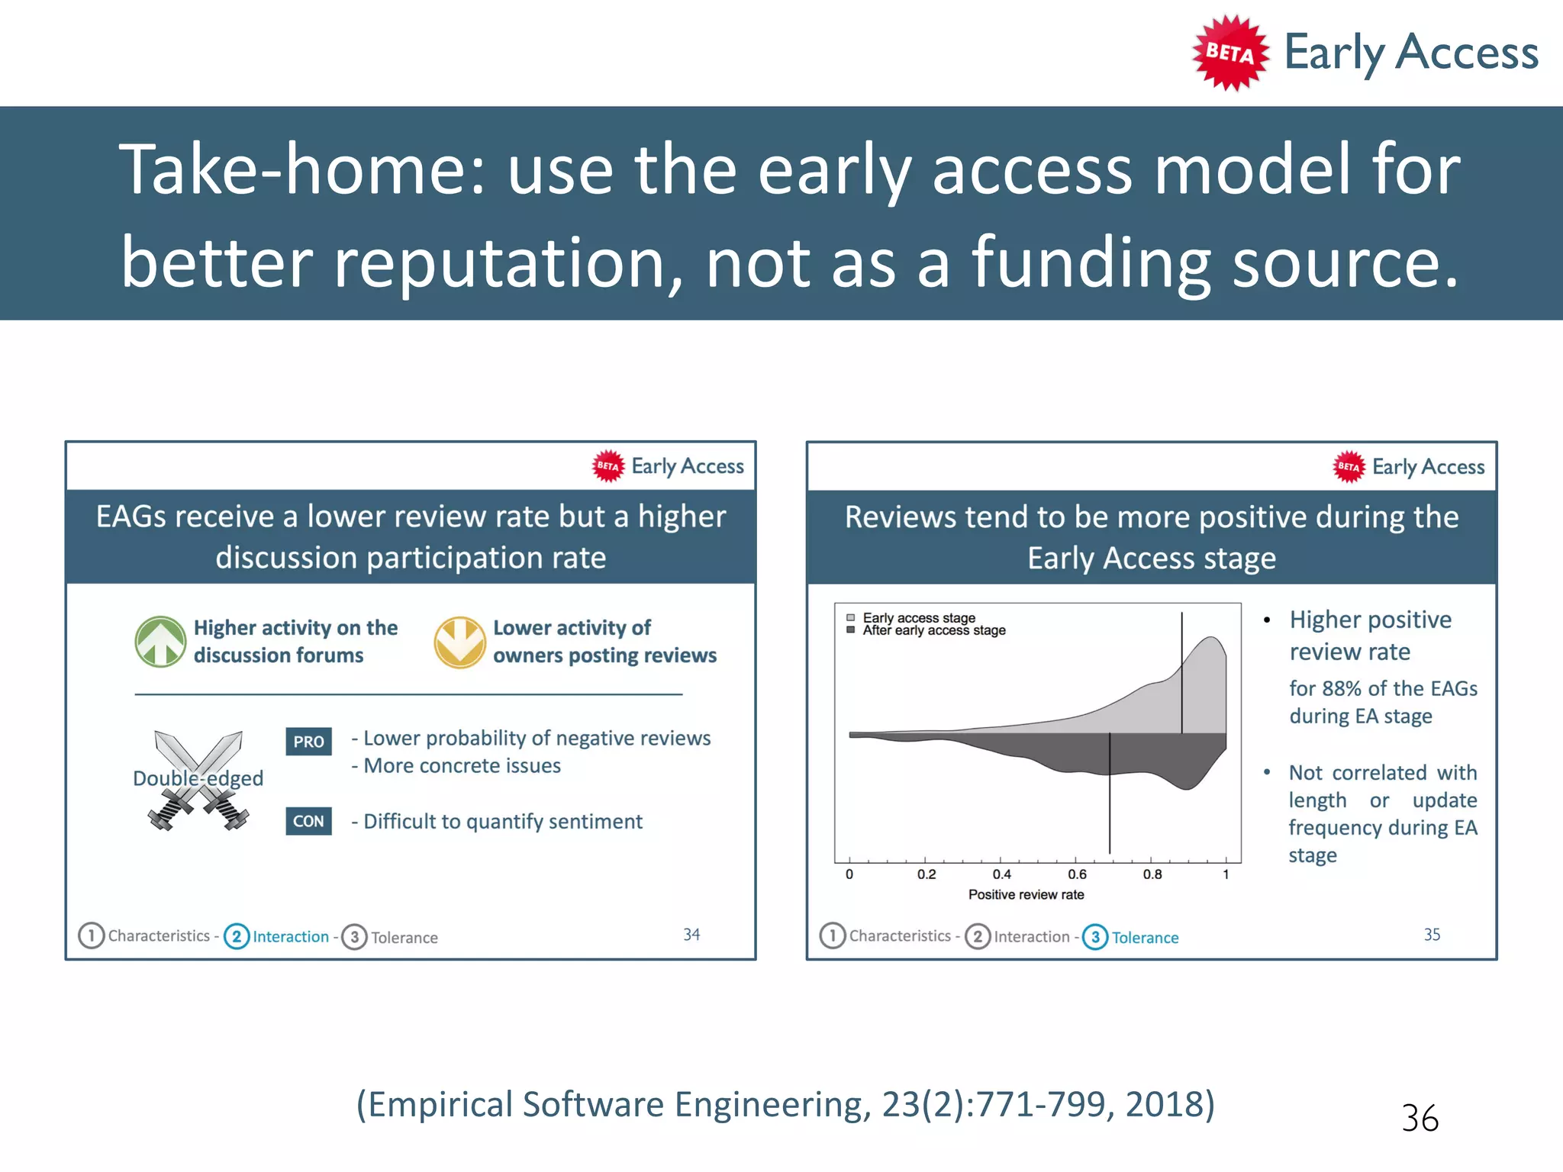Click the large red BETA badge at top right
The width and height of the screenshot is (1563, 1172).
(x=1229, y=53)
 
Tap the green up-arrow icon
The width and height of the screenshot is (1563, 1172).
(x=160, y=642)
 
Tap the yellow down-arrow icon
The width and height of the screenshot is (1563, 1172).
(x=459, y=642)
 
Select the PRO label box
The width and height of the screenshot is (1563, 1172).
(x=308, y=741)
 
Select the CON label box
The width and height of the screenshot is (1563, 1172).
(x=308, y=821)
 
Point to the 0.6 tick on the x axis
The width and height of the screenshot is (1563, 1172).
(x=1077, y=874)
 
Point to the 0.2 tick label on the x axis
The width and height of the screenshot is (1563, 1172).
(x=926, y=874)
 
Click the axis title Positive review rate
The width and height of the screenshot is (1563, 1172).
(x=1026, y=894)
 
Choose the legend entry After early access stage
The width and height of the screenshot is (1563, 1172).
(x=933, y=630)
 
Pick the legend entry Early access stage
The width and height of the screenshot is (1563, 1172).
(x=918, y=617)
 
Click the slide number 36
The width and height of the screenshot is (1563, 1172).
(x=1420, y=1119)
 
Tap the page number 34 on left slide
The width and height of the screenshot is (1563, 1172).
(x=691, y=934)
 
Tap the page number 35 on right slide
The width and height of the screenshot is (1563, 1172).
(x=1432, y=934)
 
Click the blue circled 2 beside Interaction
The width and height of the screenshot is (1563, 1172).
(x=237, y=936)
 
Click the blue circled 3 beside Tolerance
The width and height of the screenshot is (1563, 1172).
(x=1095, y=936)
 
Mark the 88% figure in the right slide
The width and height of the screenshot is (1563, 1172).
(x=1342, y=688)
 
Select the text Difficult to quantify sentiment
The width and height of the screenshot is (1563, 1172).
(x=502, y=821)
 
